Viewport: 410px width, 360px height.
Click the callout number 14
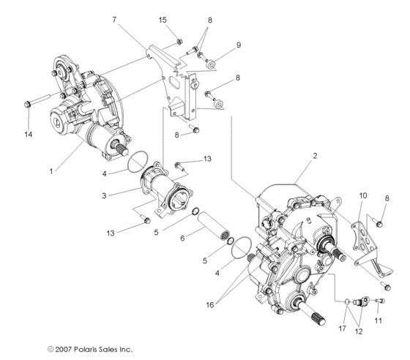pos(28,135)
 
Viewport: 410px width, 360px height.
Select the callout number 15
pos(163,18)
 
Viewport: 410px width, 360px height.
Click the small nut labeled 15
pos(178,42)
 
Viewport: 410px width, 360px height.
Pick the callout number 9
pos(238,45)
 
